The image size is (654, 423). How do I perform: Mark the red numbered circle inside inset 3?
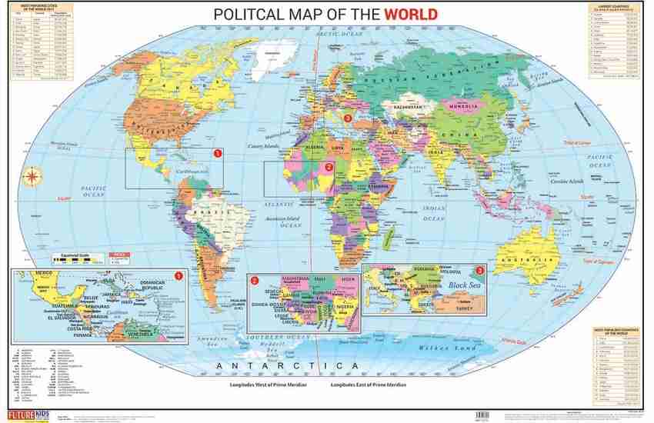point(481,271)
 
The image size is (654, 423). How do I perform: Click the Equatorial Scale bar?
point(77,261)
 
